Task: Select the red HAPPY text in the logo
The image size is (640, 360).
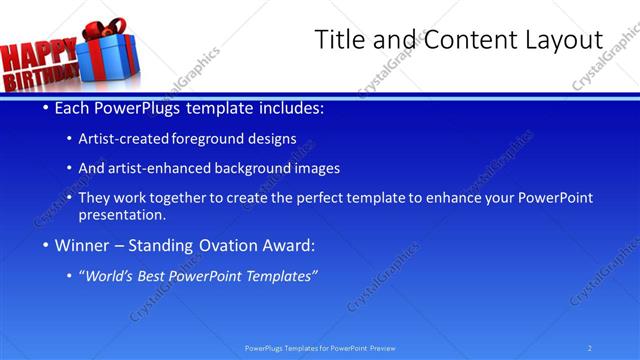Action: click(x=36, y=54)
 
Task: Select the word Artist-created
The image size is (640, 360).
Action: click(x=123, y=139)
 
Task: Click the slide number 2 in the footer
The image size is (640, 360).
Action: click(x=589, y=348)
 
